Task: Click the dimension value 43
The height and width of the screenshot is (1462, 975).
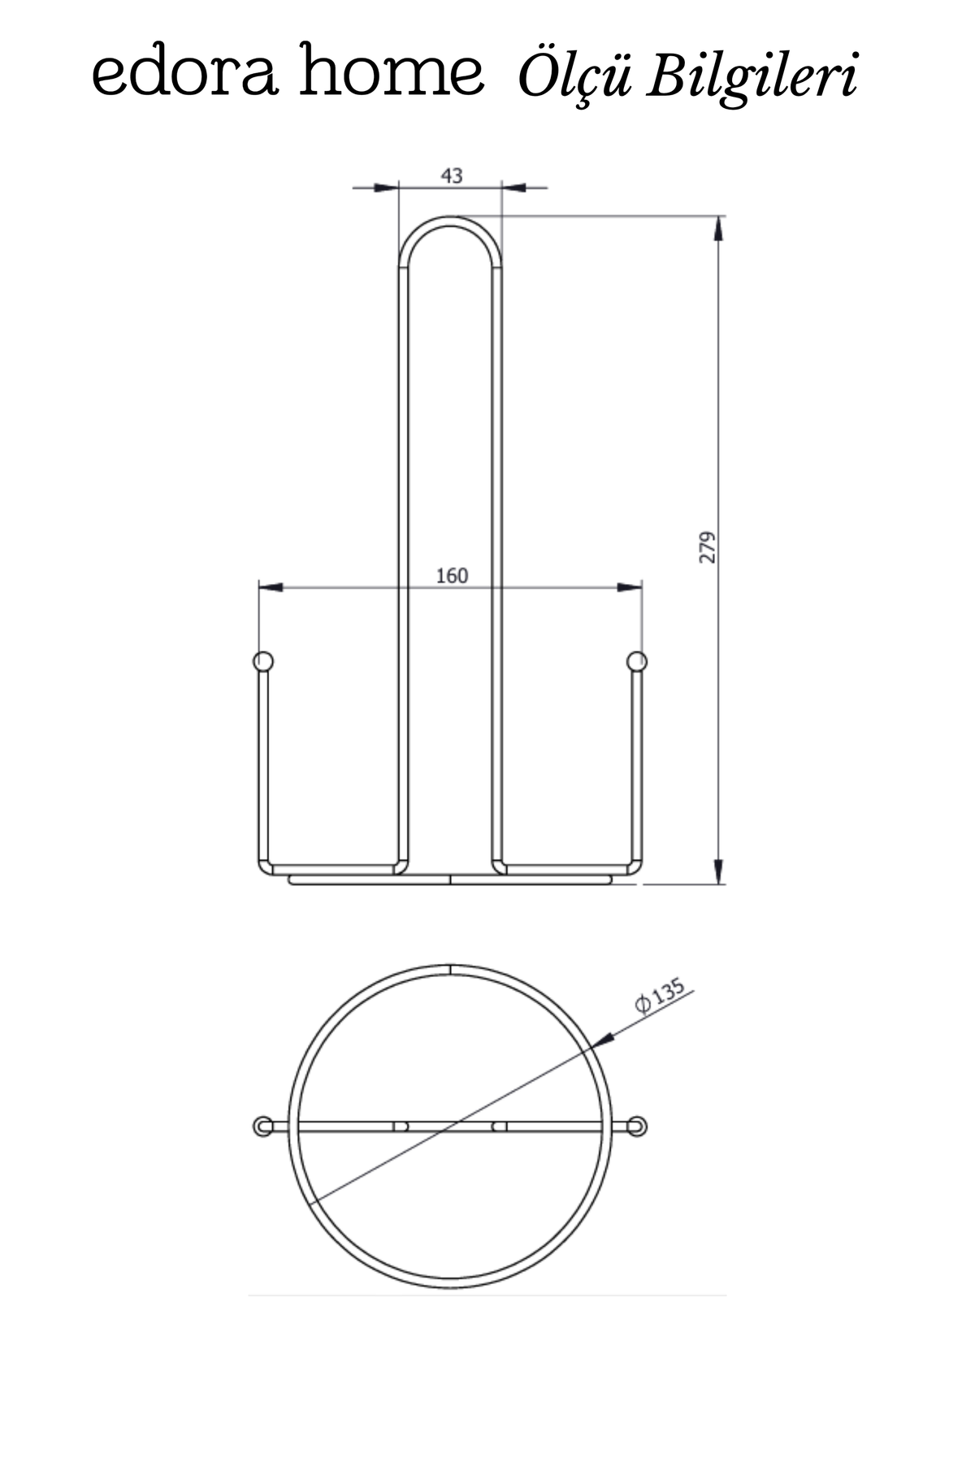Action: click(x=451, y=175)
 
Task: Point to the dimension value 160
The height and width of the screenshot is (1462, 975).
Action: click(x=452, y=576)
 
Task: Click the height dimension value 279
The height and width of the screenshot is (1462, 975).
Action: click(x=708, y=547)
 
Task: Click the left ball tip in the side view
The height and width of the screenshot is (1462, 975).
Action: click(x=262, y=661)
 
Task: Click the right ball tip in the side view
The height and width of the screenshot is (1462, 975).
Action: click(x=637, y=661)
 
